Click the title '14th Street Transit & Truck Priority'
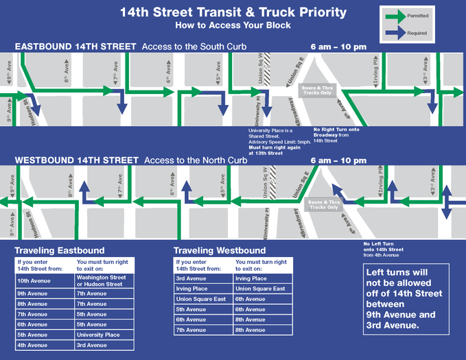[x=233, y=12]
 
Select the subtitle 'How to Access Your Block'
[x=233, y=25]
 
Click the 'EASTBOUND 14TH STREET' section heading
[x=75, y=47]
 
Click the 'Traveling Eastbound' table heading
[x=60, y=250]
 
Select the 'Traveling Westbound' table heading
[x=220, y=250]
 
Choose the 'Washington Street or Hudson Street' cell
[x=103, y=280]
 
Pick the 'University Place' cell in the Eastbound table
[x=103, y=335]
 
